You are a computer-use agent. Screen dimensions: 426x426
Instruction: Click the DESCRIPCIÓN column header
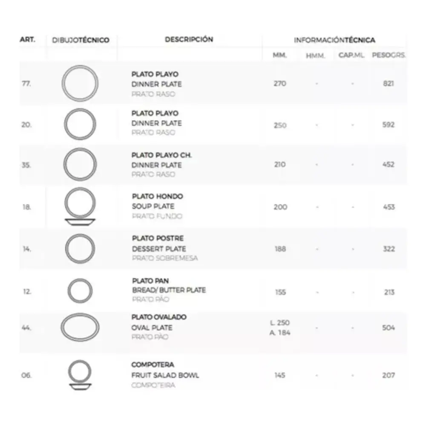pos(189,40)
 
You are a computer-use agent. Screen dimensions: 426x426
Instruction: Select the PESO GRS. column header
pos(388,56)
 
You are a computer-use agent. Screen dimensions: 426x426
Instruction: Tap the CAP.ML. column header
pos(351,56)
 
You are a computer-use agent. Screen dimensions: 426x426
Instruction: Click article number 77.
pos(26,83)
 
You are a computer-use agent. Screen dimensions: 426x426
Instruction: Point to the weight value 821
pos(388,83)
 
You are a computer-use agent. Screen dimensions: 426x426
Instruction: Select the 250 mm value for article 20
pos(280,125)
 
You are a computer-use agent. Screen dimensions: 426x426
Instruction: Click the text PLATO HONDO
pos(157,196)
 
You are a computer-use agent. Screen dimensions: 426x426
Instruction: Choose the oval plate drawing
pos(80,328)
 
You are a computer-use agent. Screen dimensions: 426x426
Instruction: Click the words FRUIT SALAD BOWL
pos(165,375)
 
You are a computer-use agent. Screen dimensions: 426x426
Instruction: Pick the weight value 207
pos(388,375)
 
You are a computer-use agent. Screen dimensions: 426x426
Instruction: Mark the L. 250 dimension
pos(280,322)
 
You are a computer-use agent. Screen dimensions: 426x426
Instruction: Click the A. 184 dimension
pos(280,333)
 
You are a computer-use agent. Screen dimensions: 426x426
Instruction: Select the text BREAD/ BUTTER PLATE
pos(169,290)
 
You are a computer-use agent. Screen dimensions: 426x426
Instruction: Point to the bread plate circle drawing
pos(80,291)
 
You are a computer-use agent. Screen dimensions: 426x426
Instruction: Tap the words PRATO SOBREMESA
pos(164,258)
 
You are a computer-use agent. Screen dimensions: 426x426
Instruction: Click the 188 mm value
pos(280,249)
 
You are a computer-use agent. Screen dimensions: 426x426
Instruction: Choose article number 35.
pos(26,165)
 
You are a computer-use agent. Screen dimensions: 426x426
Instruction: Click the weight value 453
pos(389,207)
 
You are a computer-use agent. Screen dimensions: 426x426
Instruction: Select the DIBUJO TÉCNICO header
pos(81,40)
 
